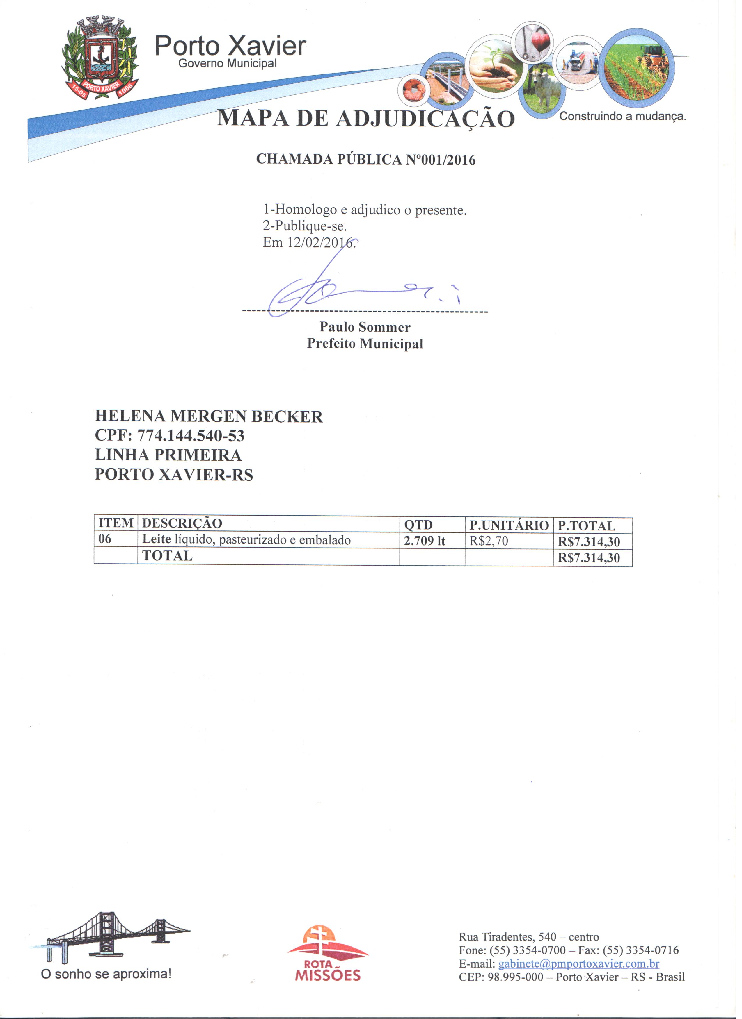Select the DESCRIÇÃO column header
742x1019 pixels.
pyautogui.click(x=182, y=523)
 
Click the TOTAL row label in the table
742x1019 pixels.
pyautogui.click(x=167, y=556)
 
